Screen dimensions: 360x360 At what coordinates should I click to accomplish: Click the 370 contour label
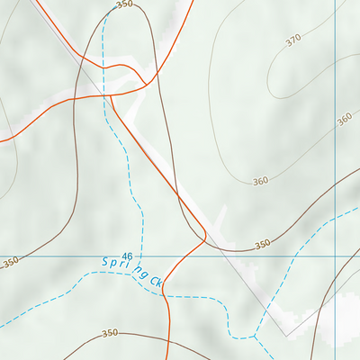pos(292,40)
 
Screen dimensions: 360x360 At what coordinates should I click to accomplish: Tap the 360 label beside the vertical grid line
pos(345,119)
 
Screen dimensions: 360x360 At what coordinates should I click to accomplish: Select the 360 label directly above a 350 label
pos(260,181)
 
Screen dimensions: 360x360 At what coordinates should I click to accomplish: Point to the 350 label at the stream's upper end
pos(124,4)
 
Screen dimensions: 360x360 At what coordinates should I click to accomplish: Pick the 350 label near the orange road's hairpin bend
pos(262,245)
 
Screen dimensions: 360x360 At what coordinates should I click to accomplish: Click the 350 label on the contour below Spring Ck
pos(110,333)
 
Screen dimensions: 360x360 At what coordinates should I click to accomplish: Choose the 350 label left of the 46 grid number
pos(10,263)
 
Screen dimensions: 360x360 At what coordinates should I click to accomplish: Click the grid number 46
pos(127,256)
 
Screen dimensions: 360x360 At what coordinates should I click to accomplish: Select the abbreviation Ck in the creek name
pos(156,282)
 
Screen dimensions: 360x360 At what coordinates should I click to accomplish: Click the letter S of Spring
pos(104,262)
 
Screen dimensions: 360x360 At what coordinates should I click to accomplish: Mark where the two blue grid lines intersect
pos(336,256)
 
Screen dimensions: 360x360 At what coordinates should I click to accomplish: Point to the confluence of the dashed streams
pos(255,336)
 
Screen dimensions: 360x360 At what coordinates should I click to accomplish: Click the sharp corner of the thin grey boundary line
pos(286,335)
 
